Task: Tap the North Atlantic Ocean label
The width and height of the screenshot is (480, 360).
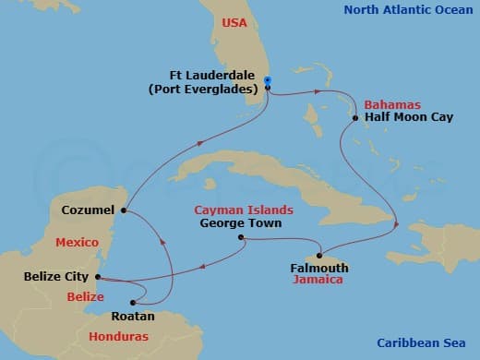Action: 407,10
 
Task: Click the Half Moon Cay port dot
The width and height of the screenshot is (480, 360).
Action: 355,117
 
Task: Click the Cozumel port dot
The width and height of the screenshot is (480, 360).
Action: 123,210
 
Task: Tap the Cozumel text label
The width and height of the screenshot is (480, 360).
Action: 88,210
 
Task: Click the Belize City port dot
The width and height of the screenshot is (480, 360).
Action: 96,276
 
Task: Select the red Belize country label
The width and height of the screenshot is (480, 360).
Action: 85,296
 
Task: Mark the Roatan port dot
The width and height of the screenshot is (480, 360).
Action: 135,302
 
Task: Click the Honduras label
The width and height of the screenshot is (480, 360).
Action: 118,337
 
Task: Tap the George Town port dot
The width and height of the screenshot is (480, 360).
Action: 242,238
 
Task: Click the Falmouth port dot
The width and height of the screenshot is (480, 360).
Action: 319,255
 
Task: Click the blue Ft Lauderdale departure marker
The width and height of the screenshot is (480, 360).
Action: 267,80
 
